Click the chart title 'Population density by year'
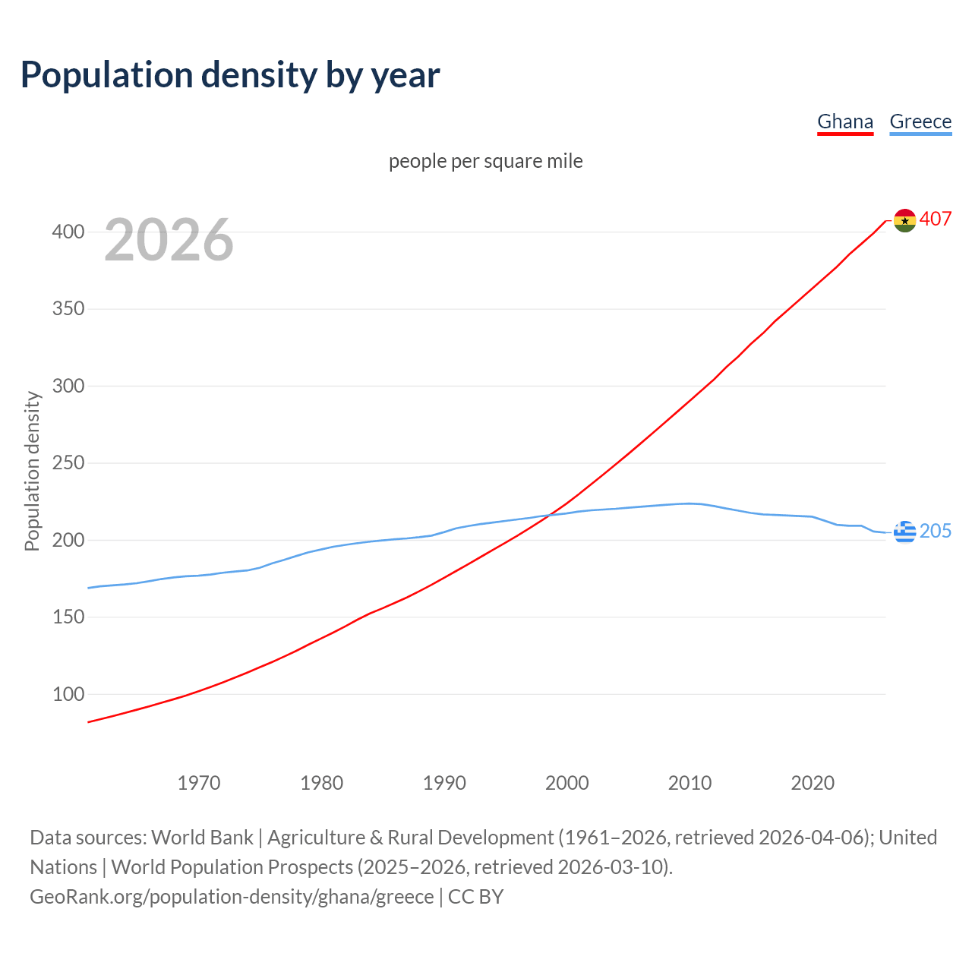tap(230, 74)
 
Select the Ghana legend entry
tap(844, 121)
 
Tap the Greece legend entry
tap(920, 121)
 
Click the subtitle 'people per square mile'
tap(485, 162)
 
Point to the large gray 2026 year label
tap(169, 240)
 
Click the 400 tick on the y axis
tap(68, 232)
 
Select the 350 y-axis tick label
tap(68, 309)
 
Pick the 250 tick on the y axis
tap(68, 463)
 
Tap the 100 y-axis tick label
tap(68, 694)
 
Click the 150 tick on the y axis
tap(68, 617)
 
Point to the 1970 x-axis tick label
tap(199, 783)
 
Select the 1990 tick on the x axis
tap(444, 783)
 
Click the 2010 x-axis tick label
tap(690, 783)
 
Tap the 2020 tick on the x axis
tap(813, 783)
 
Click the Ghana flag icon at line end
tap(904, 220)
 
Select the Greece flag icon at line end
tap(904, 532)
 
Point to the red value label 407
tap(936, 219)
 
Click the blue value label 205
tap(936, 532)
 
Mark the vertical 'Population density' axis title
tap(32, 471)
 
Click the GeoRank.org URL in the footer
tap(232, 897)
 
